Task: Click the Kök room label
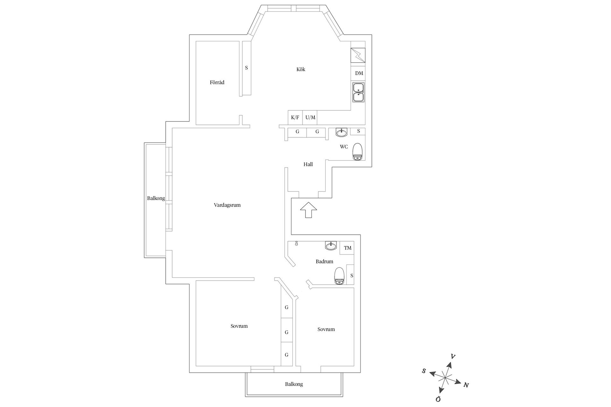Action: point(301,69)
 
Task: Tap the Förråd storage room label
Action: point(217,82)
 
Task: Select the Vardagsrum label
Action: point(227,205)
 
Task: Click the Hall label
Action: point(308,164)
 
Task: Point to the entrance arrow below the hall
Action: point(308,210)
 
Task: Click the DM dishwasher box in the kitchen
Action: point(359,73)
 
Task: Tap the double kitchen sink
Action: point(359,92)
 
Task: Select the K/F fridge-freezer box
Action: point(295,117)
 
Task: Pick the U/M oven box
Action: point(310,117)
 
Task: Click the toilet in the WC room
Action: point(358,152)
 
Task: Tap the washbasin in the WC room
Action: point(342,132)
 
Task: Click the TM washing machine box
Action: point(348,248)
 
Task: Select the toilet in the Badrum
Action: point(339,276)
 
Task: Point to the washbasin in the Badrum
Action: point(331,246)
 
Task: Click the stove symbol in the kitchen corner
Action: point(358,56)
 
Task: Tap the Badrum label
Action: point(324,261)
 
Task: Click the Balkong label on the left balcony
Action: point(156,198)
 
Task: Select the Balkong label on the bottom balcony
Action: point(294,384)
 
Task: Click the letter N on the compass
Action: point(466,385)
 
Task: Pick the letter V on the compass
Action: point(453,357)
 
